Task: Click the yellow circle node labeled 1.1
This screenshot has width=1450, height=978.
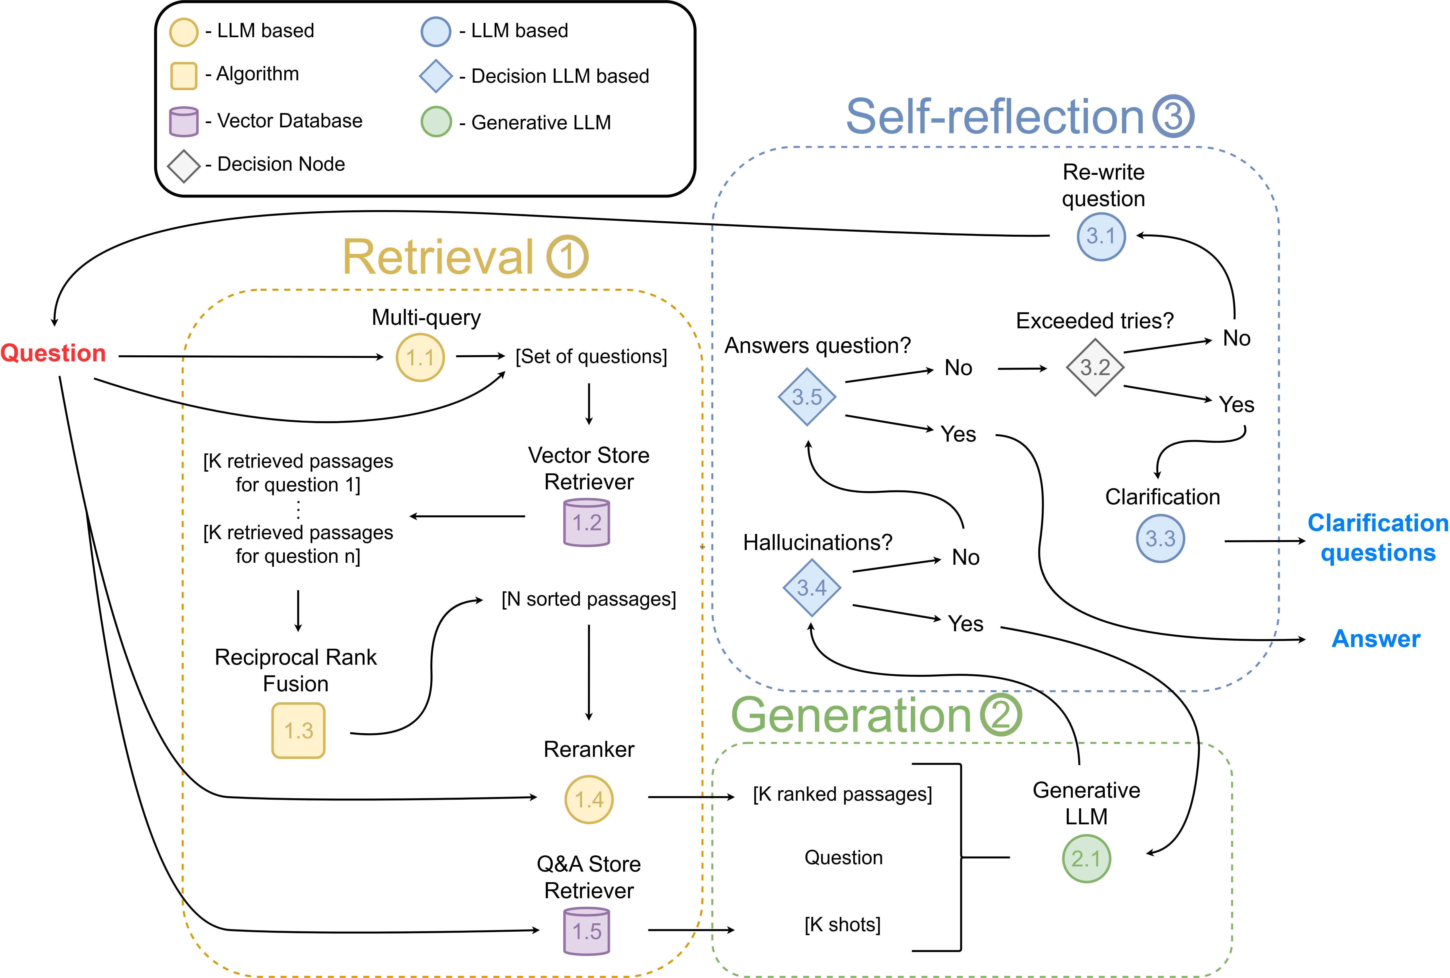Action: pos(420,357)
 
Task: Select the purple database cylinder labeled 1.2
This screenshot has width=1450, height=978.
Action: pos(587,523)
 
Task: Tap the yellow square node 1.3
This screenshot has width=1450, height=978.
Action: pos(298,730)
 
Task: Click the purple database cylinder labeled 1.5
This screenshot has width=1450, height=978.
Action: pos(587,931)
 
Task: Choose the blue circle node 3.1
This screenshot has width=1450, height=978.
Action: pos(1101,236)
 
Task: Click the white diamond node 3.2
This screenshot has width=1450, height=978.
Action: pos(1095,367)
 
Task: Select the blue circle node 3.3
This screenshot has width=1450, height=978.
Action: pos(1160,538)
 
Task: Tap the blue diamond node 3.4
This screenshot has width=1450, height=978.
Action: pos(812,588)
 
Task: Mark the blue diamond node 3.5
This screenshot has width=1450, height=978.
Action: pos(807,397)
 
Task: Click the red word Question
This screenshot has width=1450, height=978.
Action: pos(53,353)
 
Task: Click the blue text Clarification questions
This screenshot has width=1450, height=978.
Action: pos(1378,538)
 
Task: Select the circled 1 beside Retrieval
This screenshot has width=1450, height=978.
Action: pos(567,257)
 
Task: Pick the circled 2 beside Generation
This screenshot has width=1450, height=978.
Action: pos(1001,715)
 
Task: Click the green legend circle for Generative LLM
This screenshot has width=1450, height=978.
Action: pos(436,122)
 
